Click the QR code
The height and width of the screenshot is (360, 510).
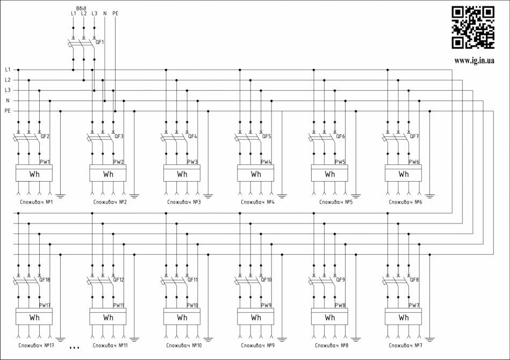pyautogui.click(x=472, y=27)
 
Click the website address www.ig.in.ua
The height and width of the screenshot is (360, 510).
pyautogui.click(x=474, y=61)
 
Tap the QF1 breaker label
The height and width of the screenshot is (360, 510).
pyautogui.click(x=100, y=41)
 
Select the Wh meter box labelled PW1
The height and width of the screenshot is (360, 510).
pyautogui.click(x=34, y=174)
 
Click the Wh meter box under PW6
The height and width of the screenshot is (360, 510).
pyautogui.click(x=403, y=174)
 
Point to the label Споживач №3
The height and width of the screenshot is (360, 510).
pyautogui.click(x=182, y=202)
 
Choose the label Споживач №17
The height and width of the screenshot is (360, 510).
pyautogui.click(x=35, y=345)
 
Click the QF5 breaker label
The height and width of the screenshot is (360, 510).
pyautogui.click(x=267, y=136)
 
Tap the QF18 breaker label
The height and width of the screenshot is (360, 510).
pyautogui.click(x=45, y=279)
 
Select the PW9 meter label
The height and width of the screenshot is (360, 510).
pyautogui.click(x=266, y=305)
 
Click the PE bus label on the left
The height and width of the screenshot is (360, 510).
pyautogui.click(x=8, y=111)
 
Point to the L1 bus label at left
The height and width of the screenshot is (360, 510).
pyautogui.click(x=8, y=69)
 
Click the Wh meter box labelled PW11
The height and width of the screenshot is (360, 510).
pyautogui.click(x=108, y=317)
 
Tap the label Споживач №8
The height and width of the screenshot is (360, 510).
pyautogui.click(x=330, y=345)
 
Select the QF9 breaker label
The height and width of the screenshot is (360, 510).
pyautogui.click(x=340, y=279)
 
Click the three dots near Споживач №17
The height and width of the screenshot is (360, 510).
pyautogui.click(x=75, y=348)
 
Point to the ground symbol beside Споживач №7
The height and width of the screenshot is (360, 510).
pyautogui.click(x=430, y=339)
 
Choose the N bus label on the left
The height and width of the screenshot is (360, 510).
pyautogui.click(x=8, y=100)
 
